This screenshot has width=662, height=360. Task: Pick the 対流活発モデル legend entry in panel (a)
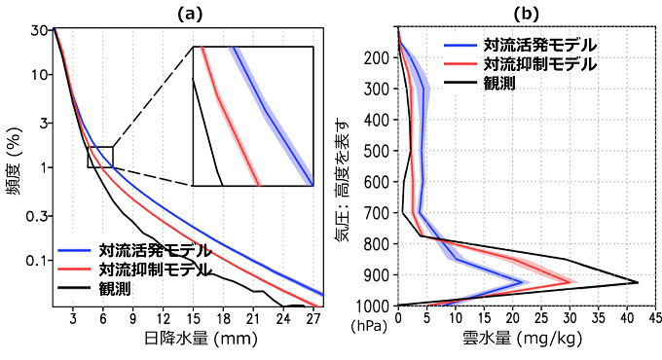152,248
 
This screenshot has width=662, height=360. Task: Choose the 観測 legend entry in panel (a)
116,289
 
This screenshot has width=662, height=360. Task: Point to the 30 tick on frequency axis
39,29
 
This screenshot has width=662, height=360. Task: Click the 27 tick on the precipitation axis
313,317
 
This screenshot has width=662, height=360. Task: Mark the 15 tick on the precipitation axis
193,317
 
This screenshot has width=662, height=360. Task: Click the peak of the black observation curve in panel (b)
638,283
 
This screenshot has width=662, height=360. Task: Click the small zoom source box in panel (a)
100,157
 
